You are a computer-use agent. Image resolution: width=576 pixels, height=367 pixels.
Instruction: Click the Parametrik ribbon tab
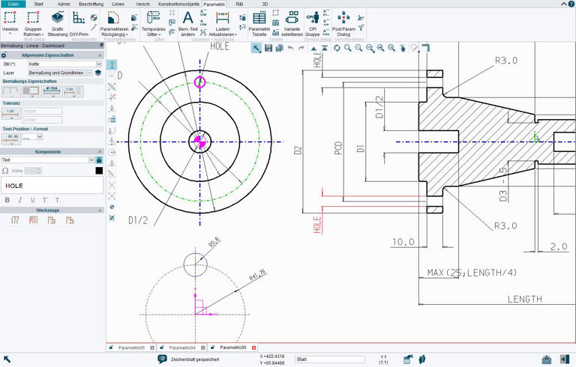[214, 4]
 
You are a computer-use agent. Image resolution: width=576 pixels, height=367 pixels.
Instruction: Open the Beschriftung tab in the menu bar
[91, 4]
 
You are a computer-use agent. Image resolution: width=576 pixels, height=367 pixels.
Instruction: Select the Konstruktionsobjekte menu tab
[178, 4]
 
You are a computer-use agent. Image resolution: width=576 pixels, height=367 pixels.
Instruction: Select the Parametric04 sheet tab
[182, 348]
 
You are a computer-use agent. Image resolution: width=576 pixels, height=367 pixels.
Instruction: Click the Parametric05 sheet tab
[131, 348]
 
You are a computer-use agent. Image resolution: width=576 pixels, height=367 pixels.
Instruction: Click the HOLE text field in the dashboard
[52, 185]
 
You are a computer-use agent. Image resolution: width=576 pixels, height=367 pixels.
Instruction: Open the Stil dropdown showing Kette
[64, 64]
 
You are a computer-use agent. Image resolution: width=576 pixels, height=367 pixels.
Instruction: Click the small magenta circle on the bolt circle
[199, 82]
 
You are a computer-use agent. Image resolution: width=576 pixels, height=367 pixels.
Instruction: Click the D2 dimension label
[298, 149]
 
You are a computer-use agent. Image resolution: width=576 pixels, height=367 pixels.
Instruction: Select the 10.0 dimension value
[403, 242]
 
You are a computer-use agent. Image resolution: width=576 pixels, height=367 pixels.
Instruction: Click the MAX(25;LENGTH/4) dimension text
[472, 273]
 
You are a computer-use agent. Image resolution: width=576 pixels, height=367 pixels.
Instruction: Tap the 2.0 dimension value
[558, 246]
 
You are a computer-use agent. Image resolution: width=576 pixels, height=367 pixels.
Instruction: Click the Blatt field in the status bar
[329, 360]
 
